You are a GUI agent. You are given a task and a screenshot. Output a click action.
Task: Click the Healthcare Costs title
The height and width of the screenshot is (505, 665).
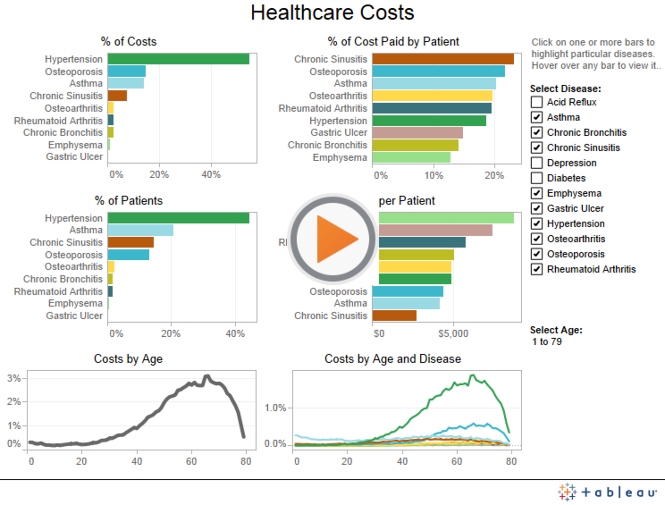pos(332,13)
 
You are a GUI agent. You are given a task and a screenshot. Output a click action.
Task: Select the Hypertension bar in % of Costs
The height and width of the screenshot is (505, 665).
pos(178,59)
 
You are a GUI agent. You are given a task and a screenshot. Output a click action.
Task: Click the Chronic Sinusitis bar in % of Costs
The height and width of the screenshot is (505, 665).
pos(117,96)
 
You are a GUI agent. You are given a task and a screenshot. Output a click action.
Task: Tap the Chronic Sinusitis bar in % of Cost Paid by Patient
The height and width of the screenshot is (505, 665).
pos(443,59)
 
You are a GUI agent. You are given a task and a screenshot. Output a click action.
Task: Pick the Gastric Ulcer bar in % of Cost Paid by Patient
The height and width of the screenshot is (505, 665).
pos(417,133)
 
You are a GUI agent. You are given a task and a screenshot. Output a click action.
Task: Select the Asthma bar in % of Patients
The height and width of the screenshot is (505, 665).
pos(140,230)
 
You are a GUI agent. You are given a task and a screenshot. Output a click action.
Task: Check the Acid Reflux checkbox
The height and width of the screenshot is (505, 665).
pos(537,102)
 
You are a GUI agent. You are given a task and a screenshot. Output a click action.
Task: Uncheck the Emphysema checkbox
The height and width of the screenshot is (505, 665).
pos(537,193)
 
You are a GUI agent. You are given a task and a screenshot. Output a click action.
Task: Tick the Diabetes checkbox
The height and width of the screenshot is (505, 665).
pos(537,178)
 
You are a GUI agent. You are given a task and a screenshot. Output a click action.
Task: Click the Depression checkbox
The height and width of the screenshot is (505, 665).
pos(537,163)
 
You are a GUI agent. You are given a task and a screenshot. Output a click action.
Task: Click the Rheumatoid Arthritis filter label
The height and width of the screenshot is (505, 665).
pos(591,269)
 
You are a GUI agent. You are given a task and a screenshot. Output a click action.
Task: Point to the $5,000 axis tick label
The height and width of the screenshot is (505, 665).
pos(453,334)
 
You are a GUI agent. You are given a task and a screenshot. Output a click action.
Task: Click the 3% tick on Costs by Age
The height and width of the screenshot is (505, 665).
pos(14,378)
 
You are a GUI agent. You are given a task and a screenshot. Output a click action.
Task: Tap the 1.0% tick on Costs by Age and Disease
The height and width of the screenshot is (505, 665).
pos(275,408)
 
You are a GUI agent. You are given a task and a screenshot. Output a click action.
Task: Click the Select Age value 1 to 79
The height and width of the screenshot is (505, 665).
pos(547,342)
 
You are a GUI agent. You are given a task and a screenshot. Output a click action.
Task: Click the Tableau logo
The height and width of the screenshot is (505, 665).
pos(608,492)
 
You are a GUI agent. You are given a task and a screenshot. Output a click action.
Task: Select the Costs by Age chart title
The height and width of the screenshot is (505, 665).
pos(128,359)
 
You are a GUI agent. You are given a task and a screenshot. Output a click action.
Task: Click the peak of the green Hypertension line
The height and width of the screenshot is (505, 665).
pos(472,375)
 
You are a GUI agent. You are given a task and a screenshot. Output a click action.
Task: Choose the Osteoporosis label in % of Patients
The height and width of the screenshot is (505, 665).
pos(74,255)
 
